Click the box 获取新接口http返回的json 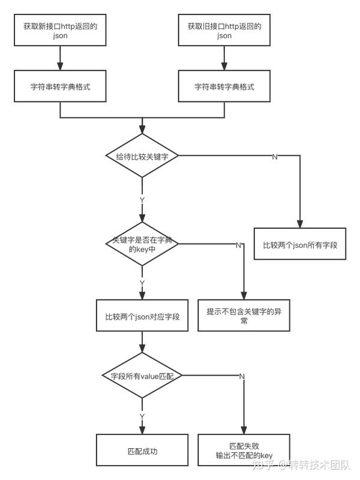click(60, 30)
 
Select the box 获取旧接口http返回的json click(224, 30)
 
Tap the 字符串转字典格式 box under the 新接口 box click(60, 86)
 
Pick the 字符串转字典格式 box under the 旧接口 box click(224, 86)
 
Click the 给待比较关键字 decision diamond click(142, 155)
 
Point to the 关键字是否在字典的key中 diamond click(142, 244)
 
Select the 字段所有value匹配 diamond click(142, 376)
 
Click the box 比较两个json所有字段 click(300, 244)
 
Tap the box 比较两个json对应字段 click(142, 316)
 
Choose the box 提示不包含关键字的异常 click(244, 316)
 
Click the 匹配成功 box click(142, 450)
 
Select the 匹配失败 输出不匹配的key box click(244, 450)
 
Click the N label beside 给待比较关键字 click(275, 157)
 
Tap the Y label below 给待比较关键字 click(142, 200)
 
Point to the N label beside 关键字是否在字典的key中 click(238, 245)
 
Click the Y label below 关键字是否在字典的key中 click(142, 283)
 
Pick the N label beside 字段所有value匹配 click(242, 376)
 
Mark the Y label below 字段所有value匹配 click(142, 416)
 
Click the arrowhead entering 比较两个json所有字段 click(300, 224)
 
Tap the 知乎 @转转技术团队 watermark click(301, 464)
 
